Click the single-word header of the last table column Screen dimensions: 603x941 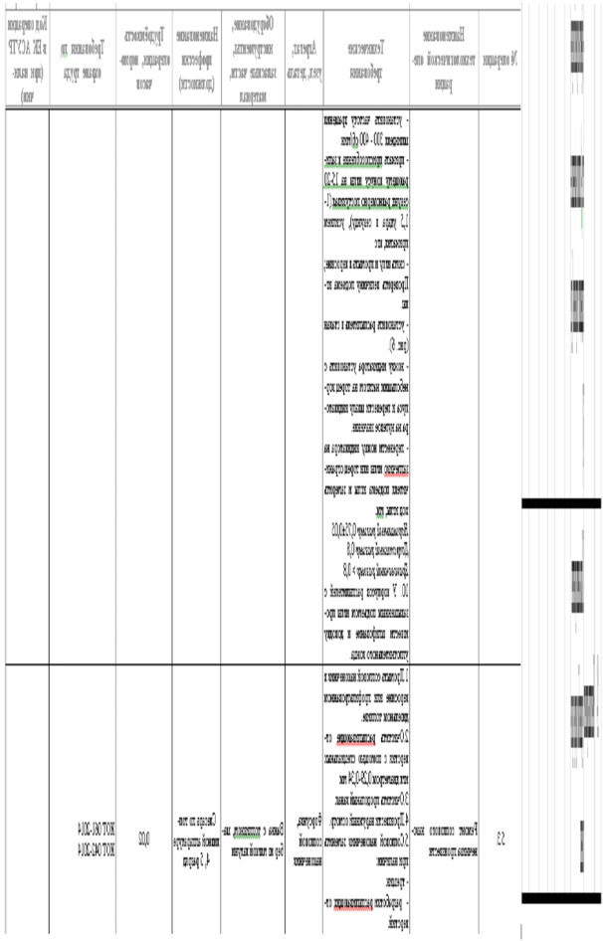(500, 58)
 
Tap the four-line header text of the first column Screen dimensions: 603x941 (26, 58)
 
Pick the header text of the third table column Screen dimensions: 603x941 (143, 58)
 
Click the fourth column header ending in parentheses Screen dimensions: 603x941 (196, 58)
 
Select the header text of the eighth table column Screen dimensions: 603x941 (444, 58)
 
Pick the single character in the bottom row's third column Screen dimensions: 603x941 (144, 839)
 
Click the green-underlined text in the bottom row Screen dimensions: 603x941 (253, 837)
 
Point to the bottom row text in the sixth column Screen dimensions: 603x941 (304, 839)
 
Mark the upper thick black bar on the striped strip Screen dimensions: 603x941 (561, 503)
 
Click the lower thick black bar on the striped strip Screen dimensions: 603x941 (561, 898)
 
